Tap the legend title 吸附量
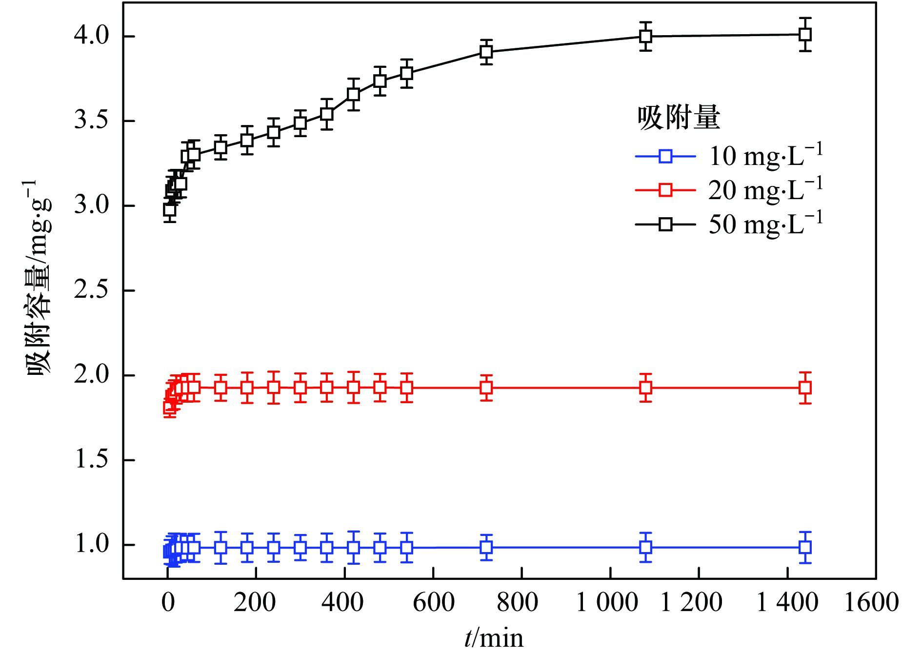coord(679,118)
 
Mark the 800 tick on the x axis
coord(518,602)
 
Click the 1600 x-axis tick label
coord(871,602)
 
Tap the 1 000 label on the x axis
coord(607,602)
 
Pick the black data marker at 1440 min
coord(805,34)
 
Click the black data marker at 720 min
coord(486,52)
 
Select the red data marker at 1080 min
coord(646,388)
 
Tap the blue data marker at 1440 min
coord(805,547)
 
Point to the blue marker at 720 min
coord(486,547)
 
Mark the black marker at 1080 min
coord(646,36)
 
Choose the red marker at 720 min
coord(486,388)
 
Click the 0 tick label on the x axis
coord(168,602)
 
